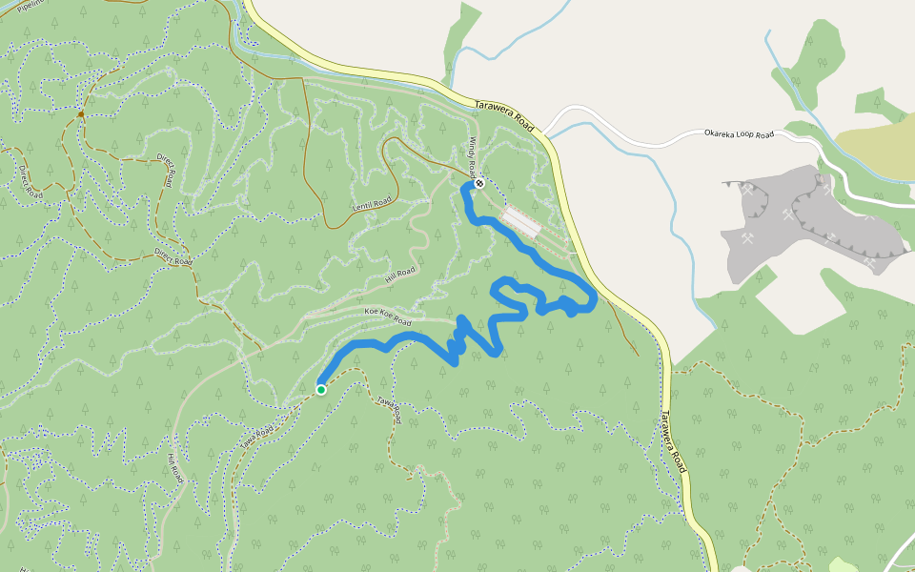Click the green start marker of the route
pyautogui.click(x=321, y=389)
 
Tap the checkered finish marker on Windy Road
pyautogui.click(x=479, y=183)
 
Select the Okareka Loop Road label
pyautogui.click(x=739, y=134)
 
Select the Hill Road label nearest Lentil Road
pyautogui.click(x=402, y=276)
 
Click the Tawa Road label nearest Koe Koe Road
pyautogui.click(x=387, y=410)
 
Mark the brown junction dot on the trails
pyautogui.click(x=81, y=114)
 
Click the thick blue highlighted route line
pyautogui.click(x=562, y=276)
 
